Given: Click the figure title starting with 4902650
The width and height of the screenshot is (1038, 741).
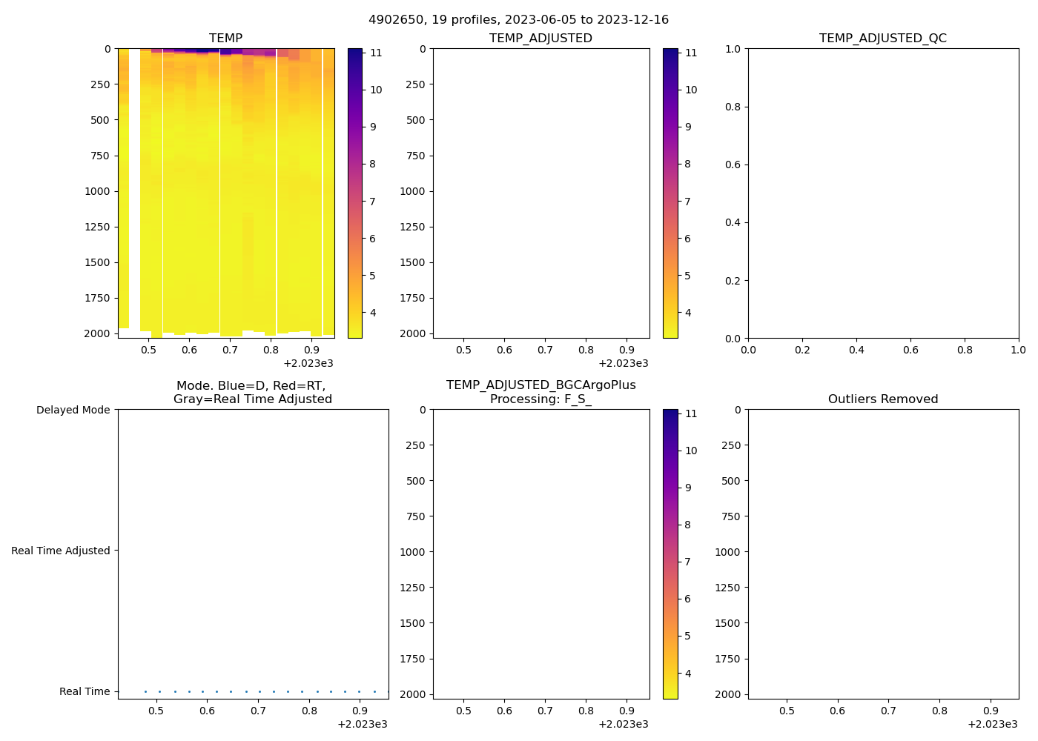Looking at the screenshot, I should [x=518, y=20].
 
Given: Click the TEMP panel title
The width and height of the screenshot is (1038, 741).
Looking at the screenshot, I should [x=225, y=38].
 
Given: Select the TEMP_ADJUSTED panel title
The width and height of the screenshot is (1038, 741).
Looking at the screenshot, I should [x=541, y=38].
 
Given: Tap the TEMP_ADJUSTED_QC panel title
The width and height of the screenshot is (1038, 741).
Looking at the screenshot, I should [x=882, y=38].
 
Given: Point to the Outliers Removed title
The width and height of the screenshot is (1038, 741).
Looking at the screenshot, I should [x=882, y=399].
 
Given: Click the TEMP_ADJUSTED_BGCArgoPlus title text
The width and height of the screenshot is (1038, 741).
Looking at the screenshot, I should [x=541, y=385].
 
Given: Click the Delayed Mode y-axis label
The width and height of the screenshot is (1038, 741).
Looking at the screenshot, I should [x=73, y=410].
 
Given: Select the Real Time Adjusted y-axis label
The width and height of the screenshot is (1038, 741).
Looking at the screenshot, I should [x=60, y=551].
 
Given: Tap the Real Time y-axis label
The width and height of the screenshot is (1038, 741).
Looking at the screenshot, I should [x=85, y=691].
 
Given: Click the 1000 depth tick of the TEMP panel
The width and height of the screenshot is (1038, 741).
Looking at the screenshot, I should [x=97, y=191].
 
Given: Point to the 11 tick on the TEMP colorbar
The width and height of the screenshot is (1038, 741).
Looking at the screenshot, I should [x=376, y=53].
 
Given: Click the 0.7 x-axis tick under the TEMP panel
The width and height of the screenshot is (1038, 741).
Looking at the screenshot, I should [x=230, y=350].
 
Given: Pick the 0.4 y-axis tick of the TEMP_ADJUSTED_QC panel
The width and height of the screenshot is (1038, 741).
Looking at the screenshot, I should [x=733, y=222].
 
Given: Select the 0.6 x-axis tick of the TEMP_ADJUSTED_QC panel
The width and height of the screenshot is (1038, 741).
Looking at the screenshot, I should [x=910, y=350].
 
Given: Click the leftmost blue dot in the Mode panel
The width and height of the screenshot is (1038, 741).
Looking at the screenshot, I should [x=145, y=691].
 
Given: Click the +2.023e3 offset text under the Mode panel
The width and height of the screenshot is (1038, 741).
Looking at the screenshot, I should [x=362, y=724].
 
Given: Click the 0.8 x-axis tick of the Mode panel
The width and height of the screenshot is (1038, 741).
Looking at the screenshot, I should [x=309, y=711].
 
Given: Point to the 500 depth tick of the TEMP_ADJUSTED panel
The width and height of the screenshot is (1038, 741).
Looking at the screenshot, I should [x=415, y=120].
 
